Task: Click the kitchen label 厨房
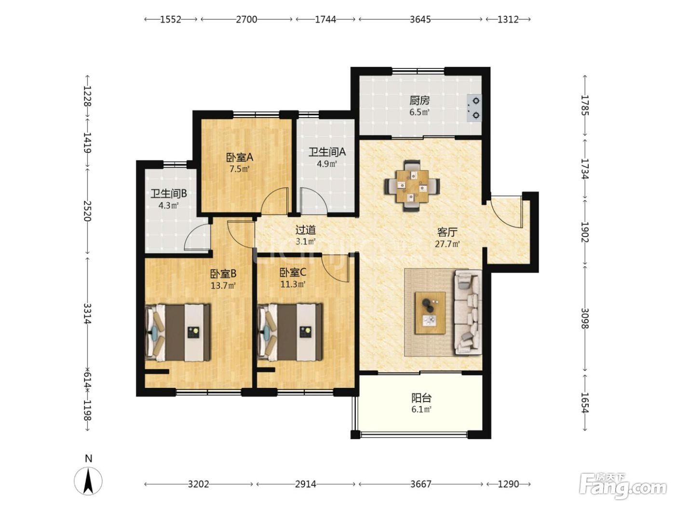(x=419, y=100)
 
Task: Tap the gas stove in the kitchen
(x=474, y=108)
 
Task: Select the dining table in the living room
(x=412, y=186)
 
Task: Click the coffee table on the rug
(x=430, y=313)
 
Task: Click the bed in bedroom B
(x=178, y=333)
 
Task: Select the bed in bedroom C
(x=290, y=333)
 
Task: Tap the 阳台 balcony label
(x=421, y=398)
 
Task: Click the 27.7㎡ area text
(x=447, y=244)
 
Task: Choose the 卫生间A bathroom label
(x=327, y=152)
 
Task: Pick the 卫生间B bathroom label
(x=169, y=194)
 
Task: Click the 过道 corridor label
(x=305, y=230)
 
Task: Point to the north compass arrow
(x=89, y=481)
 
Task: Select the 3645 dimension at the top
(x=420, y=19)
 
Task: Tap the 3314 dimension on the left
(x=88, y=313)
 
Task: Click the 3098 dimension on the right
(x=585, y=318)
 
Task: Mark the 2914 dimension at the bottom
(x=305, y=484)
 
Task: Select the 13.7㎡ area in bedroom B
(x=223, y=286)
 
